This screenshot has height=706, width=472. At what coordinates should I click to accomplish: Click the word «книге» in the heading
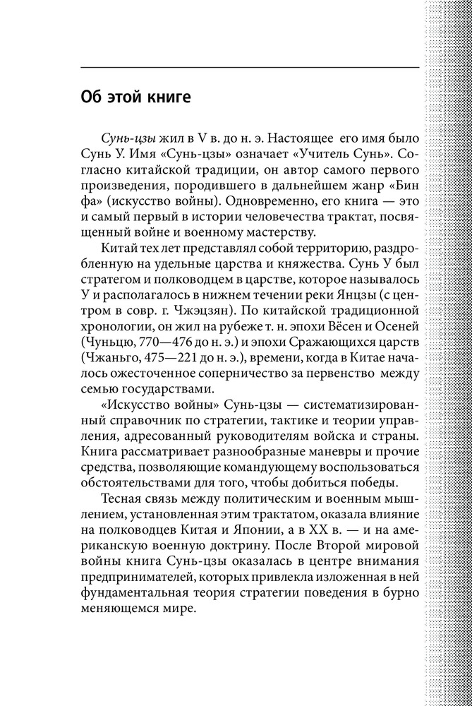pyautogui.click(x=169, y=97)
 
